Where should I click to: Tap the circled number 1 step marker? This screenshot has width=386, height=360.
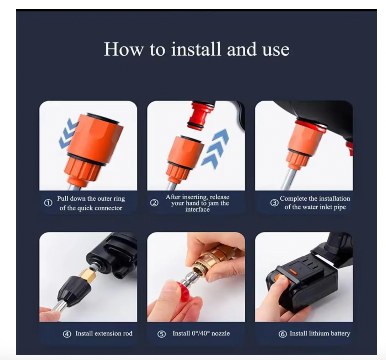48,203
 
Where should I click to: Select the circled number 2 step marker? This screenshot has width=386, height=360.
154,203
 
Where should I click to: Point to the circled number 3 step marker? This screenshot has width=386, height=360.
274,203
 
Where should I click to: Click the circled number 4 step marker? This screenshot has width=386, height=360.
67,334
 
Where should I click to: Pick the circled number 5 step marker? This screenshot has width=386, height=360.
162,334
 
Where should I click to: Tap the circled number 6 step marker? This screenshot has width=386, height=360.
283,334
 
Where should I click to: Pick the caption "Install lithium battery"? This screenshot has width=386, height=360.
320,334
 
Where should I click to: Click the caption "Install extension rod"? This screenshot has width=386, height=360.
104,334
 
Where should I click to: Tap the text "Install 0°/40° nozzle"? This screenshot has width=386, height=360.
201,334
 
